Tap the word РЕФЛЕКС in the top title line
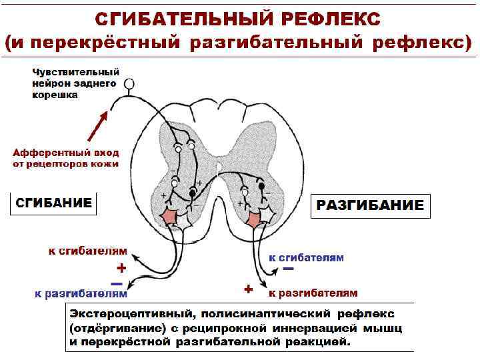click(x=326, y=17)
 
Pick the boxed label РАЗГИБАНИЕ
click(x=369, y=205)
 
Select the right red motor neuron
click(x=254, y=218)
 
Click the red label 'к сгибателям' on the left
click(x=87, y=251)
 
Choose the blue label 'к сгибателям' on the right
click(x=306, y=257)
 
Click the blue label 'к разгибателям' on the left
click(x=81, y=293)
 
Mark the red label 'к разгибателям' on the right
click(x=313, y=293)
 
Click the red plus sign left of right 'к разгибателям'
click(x=248, y=289)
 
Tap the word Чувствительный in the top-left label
click(x=75, y=71)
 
